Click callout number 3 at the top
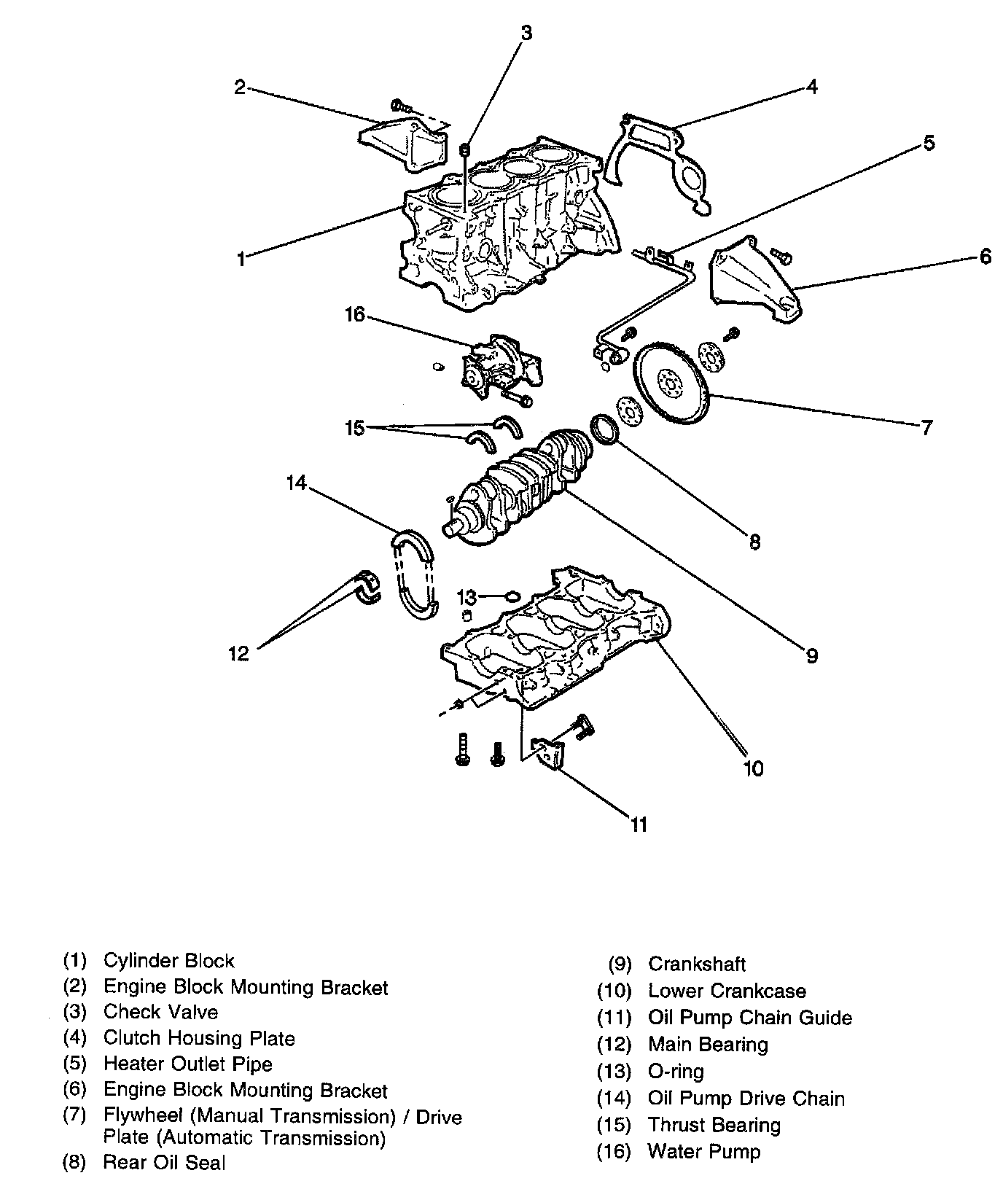pyautogui.click(x=526, y=33)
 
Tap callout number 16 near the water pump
pyautogui.click(x=355, y=316)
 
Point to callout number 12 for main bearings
pyautogui.click(x=238, y=653)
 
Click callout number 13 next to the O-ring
pyautogui.click(x=467, y=598)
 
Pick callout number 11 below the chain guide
pyautogui.click(x=639, y=825)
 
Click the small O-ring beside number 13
pyautogui.click(x=512, y=597)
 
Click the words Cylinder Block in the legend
pyautogui.click(x=169, y=961)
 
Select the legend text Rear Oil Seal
pyautogui.click(x=165, y=1162)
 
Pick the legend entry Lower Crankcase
pyautogui.click(x=727, y=991)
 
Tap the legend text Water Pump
pyautogui.click(x=703, y=1152)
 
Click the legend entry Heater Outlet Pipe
pyautogui.click(x=188, y=1064)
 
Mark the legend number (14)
pyautogui.click(x=614, y=1099)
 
